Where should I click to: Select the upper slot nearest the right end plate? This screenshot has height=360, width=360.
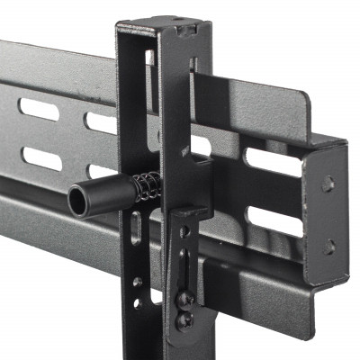(274, 161)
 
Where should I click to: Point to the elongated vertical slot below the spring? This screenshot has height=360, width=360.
(136, 228)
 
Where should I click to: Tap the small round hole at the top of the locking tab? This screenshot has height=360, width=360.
(184, 231)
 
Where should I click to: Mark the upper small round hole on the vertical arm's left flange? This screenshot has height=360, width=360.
(137, 282)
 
